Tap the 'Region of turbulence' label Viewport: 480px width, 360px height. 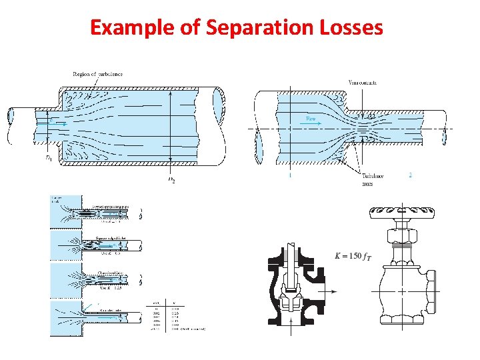coord(97,73)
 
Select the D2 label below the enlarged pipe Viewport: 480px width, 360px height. coord(171,179)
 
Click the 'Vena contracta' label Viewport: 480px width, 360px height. coord(362,82)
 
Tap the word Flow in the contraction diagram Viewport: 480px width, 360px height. coord(311,118)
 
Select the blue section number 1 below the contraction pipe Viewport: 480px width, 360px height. coord(291,176)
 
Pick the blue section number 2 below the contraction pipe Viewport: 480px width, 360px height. coord(410,175)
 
